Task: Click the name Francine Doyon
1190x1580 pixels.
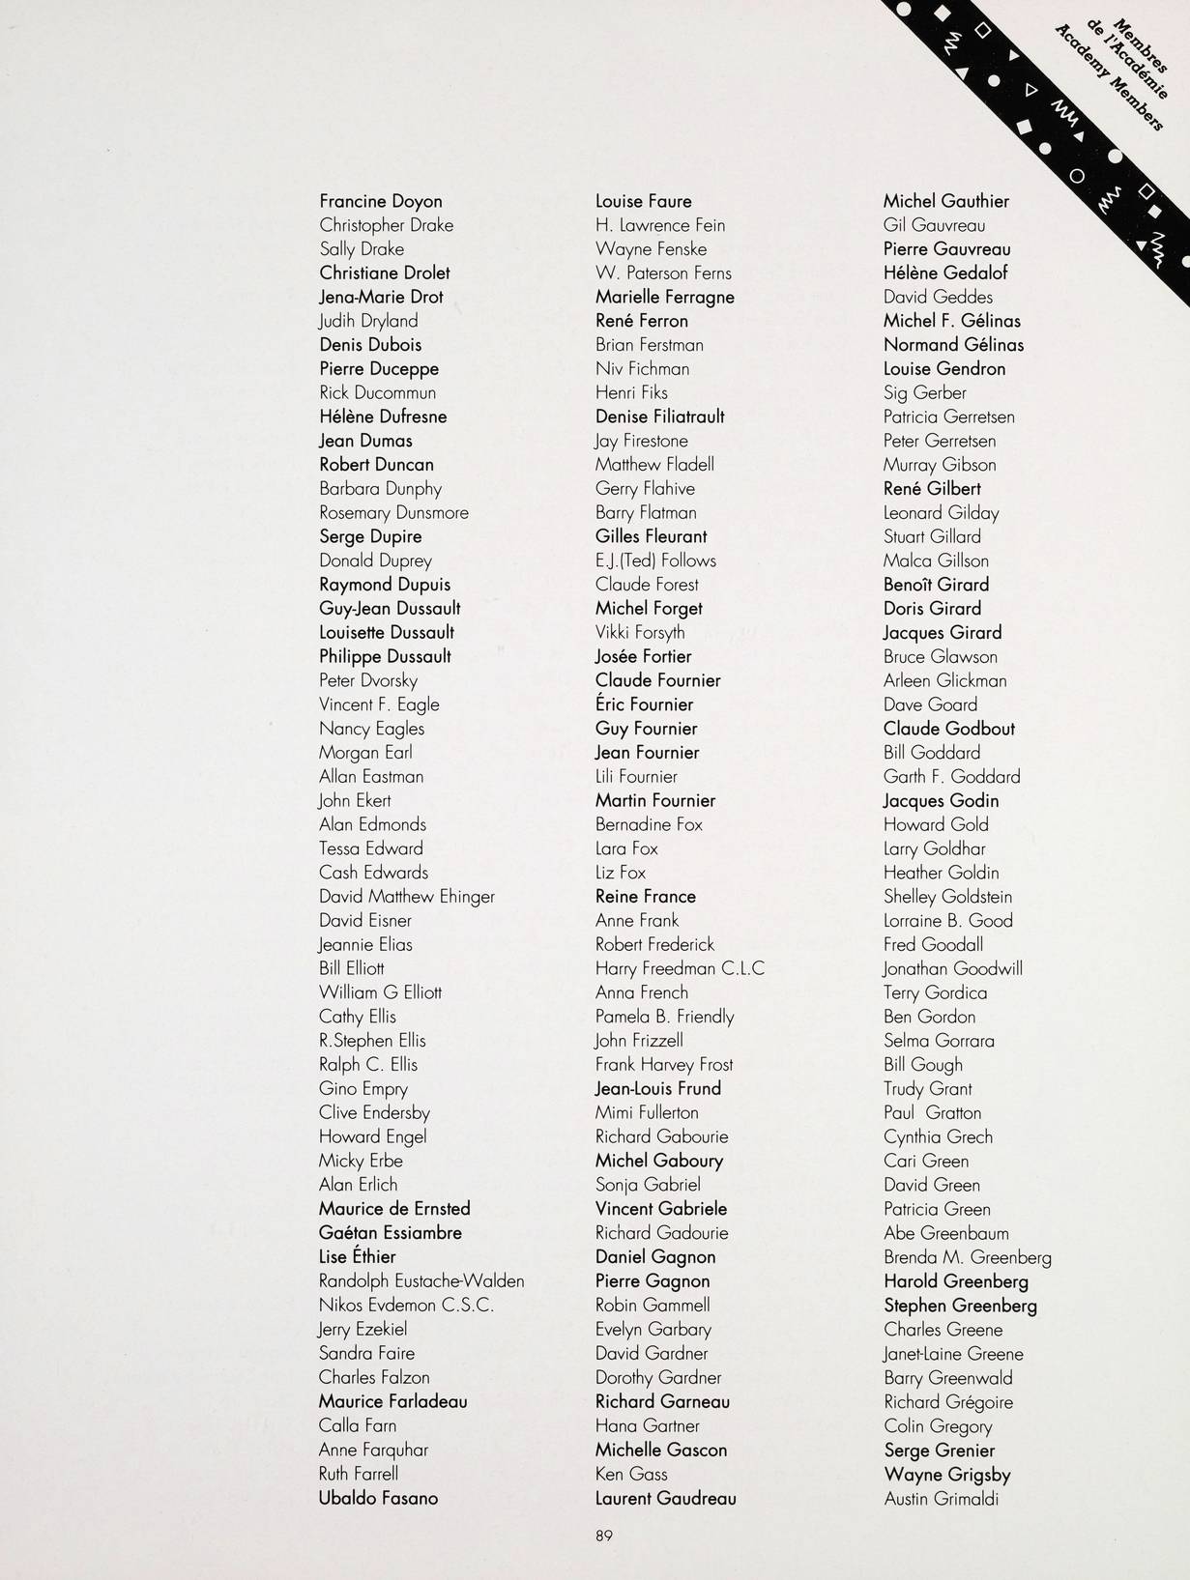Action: click(381, 201)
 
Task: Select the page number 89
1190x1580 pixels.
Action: click(604, 1535)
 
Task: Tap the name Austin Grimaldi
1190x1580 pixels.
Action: click(941, 1499)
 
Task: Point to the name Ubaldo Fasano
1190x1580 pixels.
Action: click(378, 1498)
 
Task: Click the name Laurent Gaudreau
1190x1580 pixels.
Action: click(665, 1498)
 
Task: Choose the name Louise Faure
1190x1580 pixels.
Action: click(643, 201)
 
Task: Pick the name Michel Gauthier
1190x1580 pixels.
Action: click(945, 201)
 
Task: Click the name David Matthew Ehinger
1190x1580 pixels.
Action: click(406, 896)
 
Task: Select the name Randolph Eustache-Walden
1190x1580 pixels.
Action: click(421, 1280)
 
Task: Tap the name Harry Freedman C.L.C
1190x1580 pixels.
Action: click(680, 968)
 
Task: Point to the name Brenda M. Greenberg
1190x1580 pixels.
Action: click(967, 1257)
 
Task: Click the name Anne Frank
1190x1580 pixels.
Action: click(637, 920)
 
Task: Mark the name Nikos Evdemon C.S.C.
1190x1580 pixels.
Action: click(406, 1305)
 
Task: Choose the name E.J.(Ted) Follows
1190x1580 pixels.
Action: click(655, 560)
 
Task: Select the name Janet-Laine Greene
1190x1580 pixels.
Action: click(953, 1354)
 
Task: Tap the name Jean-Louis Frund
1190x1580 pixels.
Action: click(657, 1088)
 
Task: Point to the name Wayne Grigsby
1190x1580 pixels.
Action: click(946, 1475)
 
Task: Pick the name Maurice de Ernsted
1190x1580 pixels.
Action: click(394, 1208)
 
